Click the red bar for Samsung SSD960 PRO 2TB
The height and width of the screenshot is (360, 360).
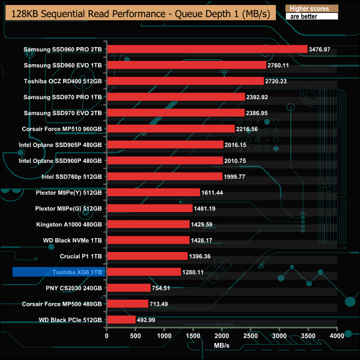[x=207, y=49]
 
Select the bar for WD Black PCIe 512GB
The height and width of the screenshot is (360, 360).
[x=121, y=320]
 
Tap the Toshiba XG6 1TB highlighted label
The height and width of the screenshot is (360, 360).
[x=58, y=272]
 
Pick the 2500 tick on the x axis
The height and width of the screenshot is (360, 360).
[x=250, y=336]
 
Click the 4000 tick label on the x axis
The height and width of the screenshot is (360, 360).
[x=337, y=336]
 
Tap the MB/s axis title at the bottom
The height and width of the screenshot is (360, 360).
[x=222, y=345]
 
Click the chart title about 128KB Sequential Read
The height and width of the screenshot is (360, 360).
[x=138, y=14]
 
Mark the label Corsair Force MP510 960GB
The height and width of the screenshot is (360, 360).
[x=62, y=128]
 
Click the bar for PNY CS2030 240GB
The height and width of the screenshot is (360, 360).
[x=128, y=288]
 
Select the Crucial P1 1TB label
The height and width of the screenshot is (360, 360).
[x=81, y=256]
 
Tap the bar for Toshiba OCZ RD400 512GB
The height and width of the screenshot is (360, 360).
[x=185, y=81]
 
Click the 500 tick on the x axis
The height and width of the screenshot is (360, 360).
[x=135, y=336]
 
